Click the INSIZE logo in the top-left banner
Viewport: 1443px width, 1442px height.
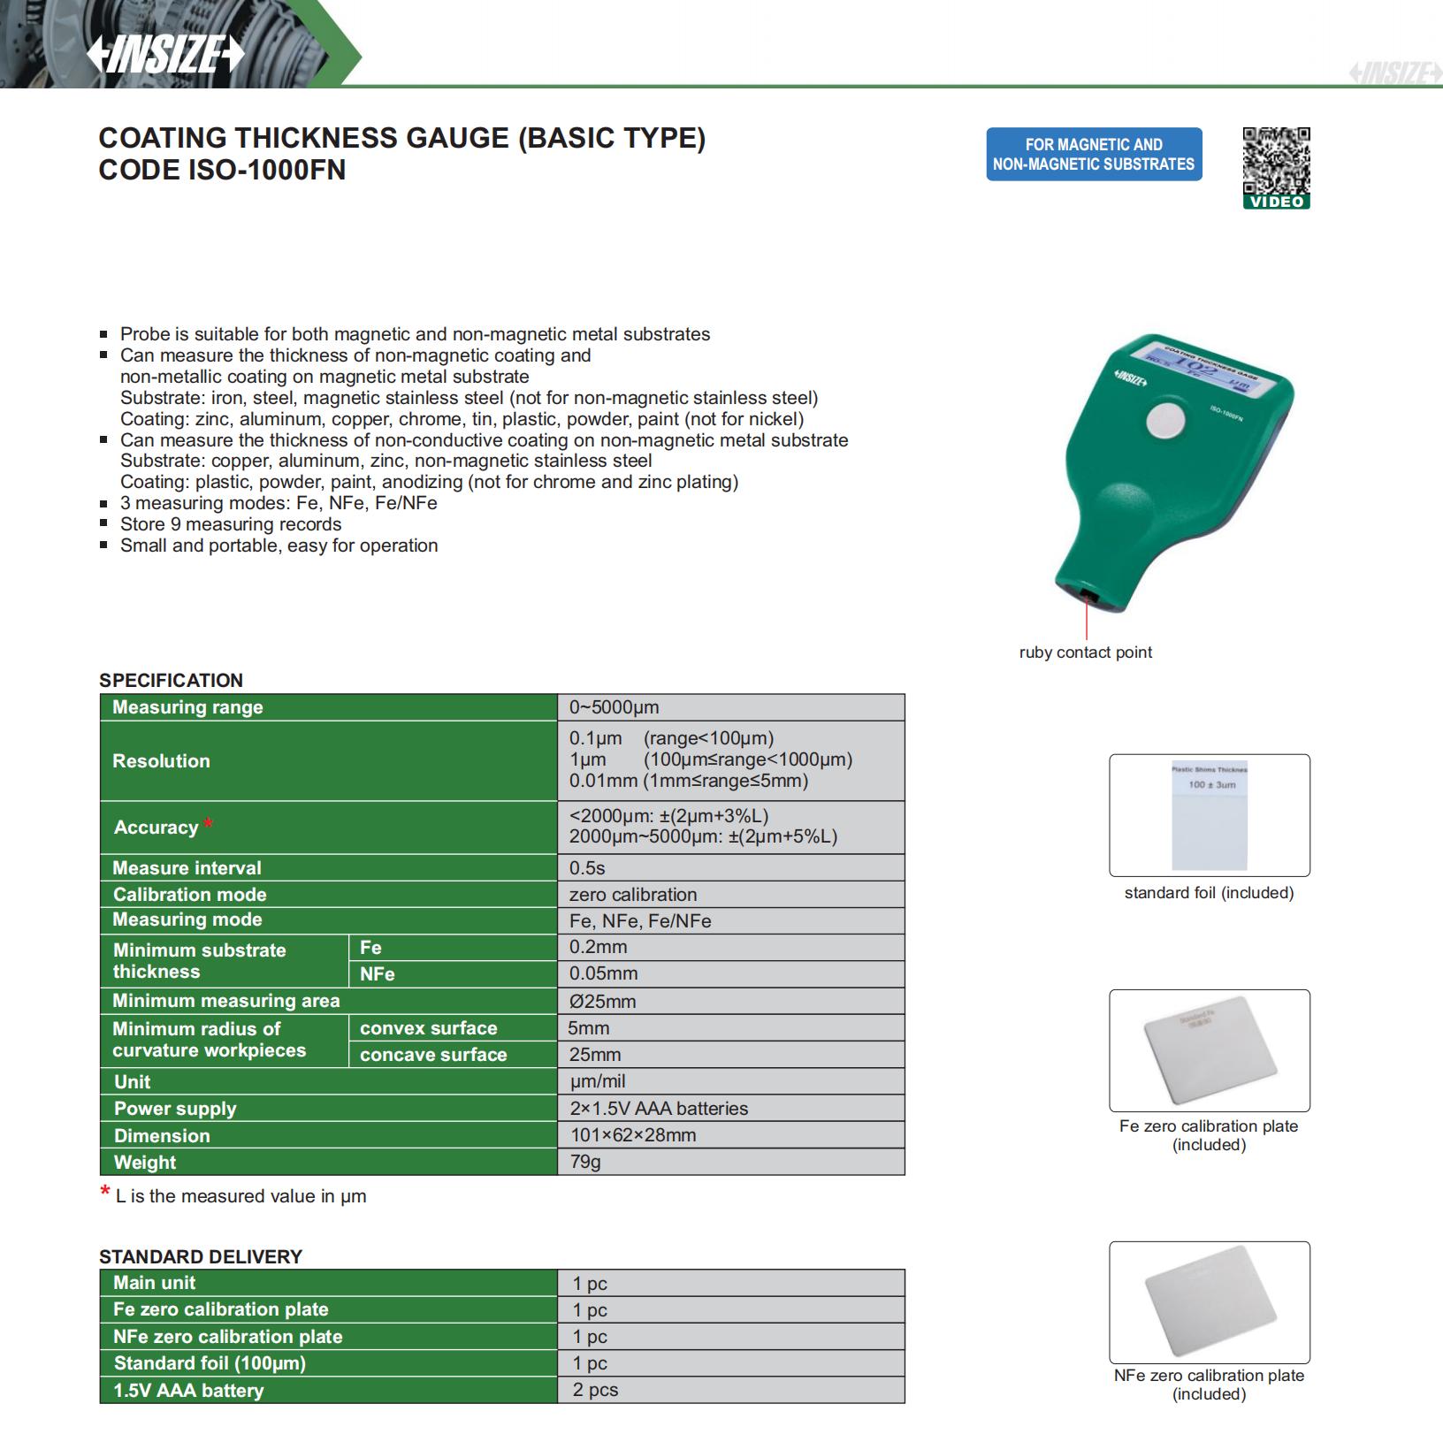click(164, 55)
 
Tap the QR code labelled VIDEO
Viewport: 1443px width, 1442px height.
click(1276, 161)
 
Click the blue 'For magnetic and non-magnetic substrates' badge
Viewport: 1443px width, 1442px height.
click(1094, 154)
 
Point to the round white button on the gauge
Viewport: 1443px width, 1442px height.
click(1165, 420)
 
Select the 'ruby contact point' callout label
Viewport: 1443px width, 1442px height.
click(1085, 652)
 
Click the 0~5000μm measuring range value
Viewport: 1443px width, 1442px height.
click(615, 707)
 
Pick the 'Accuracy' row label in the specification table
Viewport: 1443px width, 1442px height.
click(157, 828)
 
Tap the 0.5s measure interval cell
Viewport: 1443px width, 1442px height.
click(588, 868)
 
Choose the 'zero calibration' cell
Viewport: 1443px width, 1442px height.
click(633, 895)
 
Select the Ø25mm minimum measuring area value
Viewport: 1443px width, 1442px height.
click(603, 1001)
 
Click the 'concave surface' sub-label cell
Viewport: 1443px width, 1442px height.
click(433, 1055)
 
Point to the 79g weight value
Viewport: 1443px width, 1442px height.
click(585, 1162)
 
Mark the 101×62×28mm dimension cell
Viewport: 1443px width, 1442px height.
click(632, 1135)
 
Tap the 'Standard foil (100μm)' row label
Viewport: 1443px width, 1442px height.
click(210, 1363)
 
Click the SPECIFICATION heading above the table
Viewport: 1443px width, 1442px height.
click(171, 680)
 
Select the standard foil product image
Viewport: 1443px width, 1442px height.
click(1209, 814)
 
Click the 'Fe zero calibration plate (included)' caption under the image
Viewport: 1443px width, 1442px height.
click(1209, 1135)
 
